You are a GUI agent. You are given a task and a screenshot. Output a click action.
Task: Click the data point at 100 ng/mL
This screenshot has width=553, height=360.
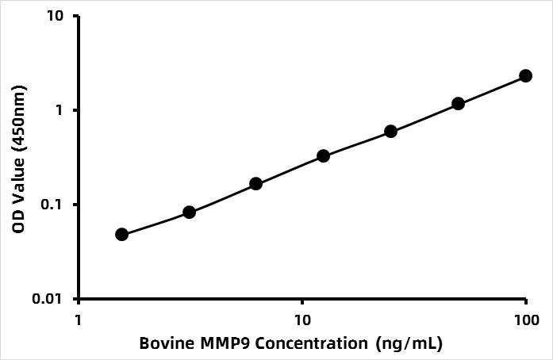525,75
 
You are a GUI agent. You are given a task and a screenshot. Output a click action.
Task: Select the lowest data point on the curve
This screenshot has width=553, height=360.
121,234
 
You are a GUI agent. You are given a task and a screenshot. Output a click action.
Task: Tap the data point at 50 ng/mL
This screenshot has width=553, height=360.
458,103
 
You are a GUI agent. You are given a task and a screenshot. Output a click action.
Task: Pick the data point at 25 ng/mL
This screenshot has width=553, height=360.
390,131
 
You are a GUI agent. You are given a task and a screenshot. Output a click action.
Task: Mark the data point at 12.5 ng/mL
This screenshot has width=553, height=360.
323,155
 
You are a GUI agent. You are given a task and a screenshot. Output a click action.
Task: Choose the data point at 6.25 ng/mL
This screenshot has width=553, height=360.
255,183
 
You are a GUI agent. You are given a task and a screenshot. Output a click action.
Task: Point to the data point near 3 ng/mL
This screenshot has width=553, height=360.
189,212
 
